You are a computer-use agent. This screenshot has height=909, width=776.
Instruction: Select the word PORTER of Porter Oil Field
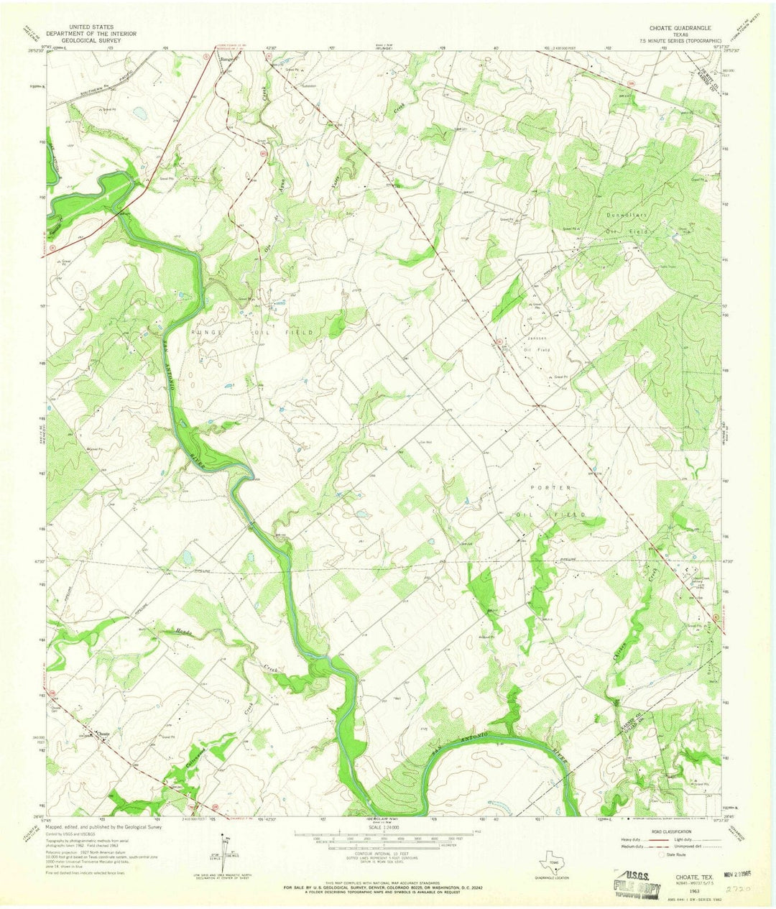(550, 488)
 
